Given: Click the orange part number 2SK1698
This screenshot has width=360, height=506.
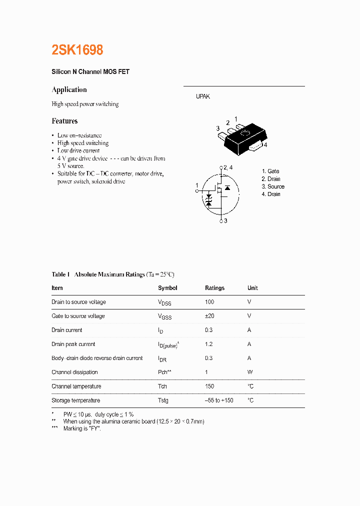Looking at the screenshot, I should coord(77,50).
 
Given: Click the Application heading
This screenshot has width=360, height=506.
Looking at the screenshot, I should coord(69,89).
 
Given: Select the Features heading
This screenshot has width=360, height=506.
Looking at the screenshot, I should coord(64,121).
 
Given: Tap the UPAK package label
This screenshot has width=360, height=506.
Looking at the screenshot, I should coord(202,96).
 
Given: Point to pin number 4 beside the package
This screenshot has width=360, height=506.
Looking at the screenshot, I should coord(265,145).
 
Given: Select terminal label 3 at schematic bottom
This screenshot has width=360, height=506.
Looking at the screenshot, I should coord(225,220).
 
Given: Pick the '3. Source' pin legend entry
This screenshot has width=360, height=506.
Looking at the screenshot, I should coord(272,186).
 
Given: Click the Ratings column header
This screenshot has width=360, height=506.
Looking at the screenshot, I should coord(214,288).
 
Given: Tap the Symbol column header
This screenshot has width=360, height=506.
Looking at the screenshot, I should coord(167,288).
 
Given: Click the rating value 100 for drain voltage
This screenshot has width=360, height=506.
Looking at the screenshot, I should coord(209,302).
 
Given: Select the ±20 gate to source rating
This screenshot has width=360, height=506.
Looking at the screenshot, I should coord(210,316).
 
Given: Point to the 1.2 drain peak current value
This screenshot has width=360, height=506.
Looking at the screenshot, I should coord(208,344).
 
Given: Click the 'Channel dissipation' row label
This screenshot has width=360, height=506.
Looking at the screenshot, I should coord(74,372).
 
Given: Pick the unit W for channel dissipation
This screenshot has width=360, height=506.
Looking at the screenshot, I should coord(250,372).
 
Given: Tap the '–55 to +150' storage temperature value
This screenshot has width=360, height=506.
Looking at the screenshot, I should coord(219,400).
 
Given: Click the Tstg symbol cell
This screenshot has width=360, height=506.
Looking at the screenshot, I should coord(163,400).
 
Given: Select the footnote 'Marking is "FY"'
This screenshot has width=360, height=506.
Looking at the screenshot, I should coord(82,429).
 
